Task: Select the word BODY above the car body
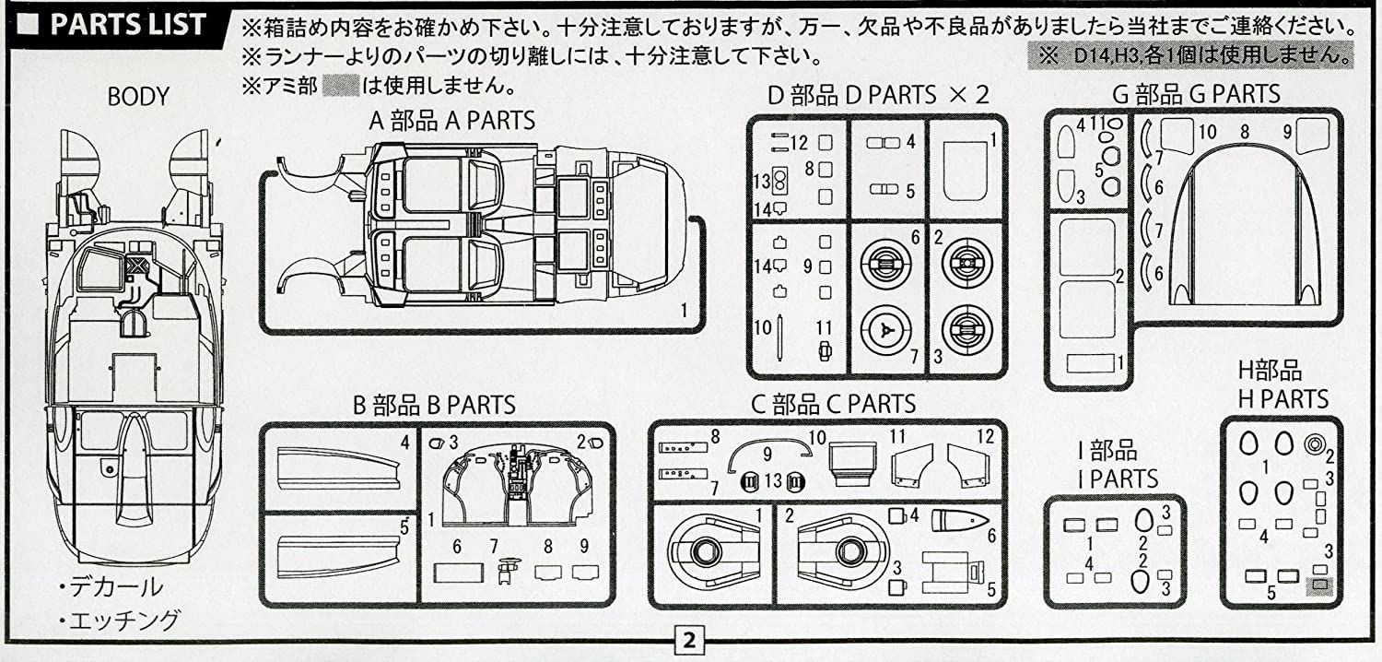click(x=138, y=96)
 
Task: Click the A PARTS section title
click(x=451, y=121)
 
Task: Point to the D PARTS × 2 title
click(x=878, y=94)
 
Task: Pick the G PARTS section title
click(x=1196, y=93)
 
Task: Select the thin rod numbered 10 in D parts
click(x=780, y=339)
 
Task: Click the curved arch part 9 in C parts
click(x=769, y=447)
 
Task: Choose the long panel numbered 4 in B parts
click(x=338, y=466)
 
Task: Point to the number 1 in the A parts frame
click(x=684, y=311)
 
